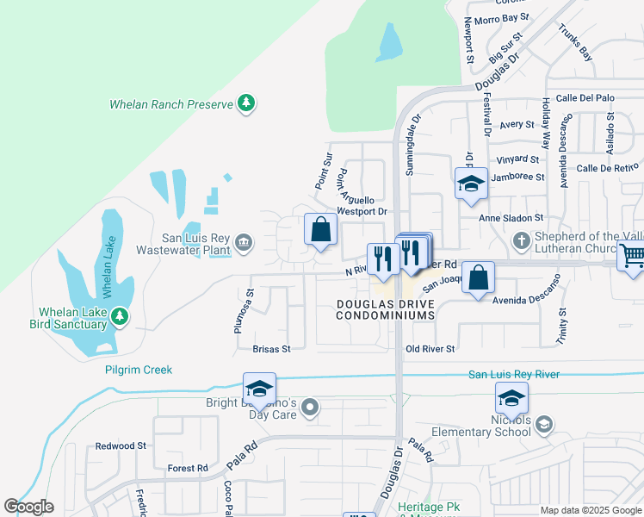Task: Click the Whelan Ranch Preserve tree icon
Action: (x=246, y=103)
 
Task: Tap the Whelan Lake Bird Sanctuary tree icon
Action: (x=120, y=317)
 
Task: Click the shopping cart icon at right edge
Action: (x=632, y=256)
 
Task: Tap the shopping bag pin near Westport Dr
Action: (x=320, y=230)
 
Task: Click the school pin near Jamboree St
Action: (x=471, y=184)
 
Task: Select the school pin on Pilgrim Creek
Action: (x=259, y=389)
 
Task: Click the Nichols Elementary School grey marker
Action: (x=543, y=423)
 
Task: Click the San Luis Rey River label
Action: (x=513, y=374)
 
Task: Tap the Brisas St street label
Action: (x=271, y=349)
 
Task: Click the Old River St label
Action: (x=430, y=348)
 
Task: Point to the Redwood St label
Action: (x=121, y=445)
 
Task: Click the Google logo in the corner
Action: (x=28, y=507)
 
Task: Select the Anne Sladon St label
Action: (x=511, y=219)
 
